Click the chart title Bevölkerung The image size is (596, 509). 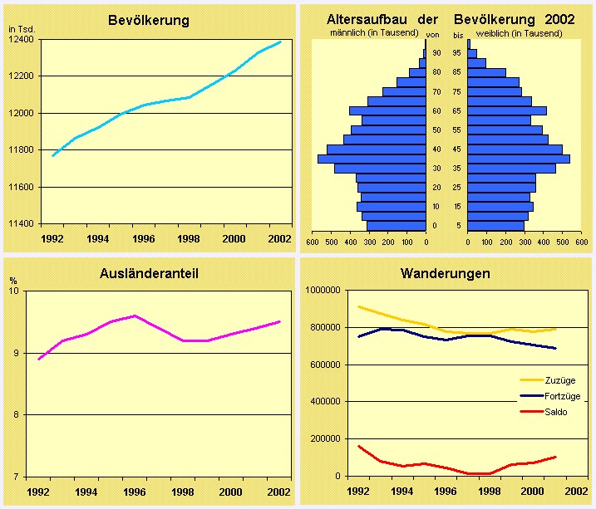coord(149,20)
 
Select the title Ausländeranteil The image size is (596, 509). coord(150,272)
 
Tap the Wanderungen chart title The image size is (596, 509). coord(445,272)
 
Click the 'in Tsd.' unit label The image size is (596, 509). coord(21,29)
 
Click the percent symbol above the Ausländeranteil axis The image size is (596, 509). coord(12,281)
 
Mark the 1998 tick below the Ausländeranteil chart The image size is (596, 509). coord(184,492)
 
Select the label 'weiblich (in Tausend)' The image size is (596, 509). coord(519,33)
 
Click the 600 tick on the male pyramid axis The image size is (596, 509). coord(313,242)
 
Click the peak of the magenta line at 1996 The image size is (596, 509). coord(135,316)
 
